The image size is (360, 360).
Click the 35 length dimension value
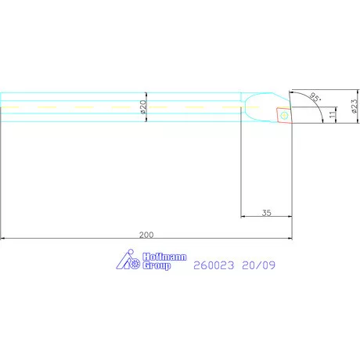pyautogui.click(x=266, y=211)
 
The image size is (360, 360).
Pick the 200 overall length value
pyautogui.click(x=146, y=233)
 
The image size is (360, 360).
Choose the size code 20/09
pyautogui.click(x=257, y=265)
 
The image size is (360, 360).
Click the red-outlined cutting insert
pyautogui.click(x=283, y=115)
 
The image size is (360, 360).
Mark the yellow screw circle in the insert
pyautogui.click(x=284, y=116)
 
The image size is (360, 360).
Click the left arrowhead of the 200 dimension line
pyautogui.click(x=4, y=238)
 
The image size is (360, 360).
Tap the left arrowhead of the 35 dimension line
pyautogui.click(x=243, y=217)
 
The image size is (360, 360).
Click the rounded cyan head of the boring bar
pyautogui.click(x=257, y=105)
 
